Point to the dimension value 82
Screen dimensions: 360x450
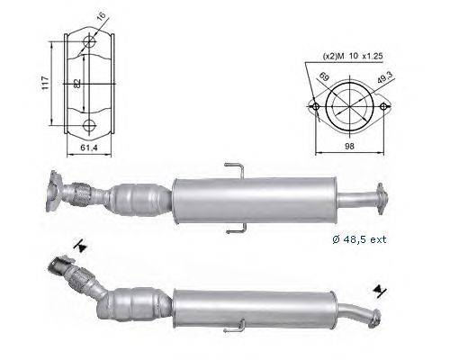(79, 84)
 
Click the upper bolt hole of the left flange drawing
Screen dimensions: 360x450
(88, 42)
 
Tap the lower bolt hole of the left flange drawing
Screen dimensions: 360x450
(88, 126)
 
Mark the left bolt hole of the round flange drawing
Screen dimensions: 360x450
(315, 107)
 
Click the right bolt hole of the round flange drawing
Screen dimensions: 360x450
(388, 107)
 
